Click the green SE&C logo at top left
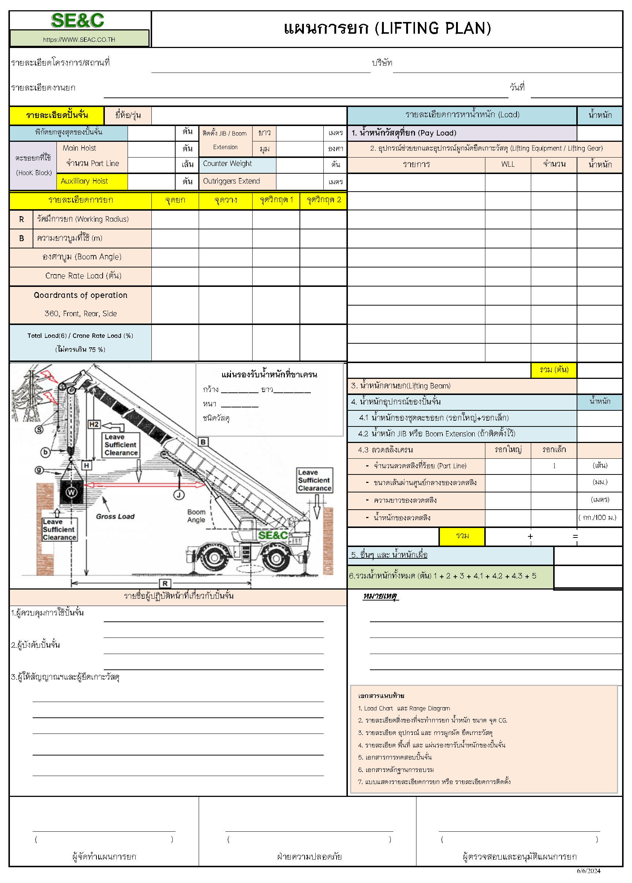tap(77, 20)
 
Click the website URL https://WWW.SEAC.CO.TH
tap(79, 39)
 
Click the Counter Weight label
tap(227, 164)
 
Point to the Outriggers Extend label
tap(231, 181)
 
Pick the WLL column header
tap(508, 164)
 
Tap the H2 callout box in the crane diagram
tap(94, 424)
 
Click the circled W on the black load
tap(71, 492)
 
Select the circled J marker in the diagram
tap(179, 495)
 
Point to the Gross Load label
tap(115, 517)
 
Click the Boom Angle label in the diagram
tap(196, 516)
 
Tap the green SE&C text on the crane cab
tap(273, 535)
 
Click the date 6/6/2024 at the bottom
tap(588, 871)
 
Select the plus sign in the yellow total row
tap(530, 537)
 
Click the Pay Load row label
tap(404, 133)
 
